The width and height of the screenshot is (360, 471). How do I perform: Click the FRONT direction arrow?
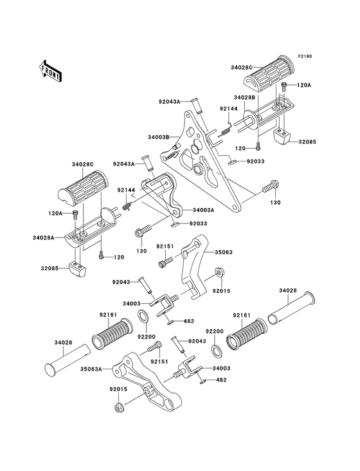click(x=50, y=71)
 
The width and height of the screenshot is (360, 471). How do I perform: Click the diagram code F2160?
click(x=305, y=56)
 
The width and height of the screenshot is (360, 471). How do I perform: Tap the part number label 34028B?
click(x=244, y=98)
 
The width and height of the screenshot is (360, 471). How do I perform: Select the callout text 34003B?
click(x=158, y=137)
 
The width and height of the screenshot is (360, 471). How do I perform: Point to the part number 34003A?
click(x=204, y=210)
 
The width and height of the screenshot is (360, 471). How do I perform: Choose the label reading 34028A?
click(x=44, y=237)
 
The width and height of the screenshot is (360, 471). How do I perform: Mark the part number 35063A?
click(x=91, y=369)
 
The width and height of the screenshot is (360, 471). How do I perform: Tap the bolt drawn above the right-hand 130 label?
click(x=271, y=186)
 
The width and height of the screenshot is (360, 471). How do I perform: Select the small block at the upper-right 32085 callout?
click(x=282, y=136)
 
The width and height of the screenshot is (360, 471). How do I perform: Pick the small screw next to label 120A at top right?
click(x=283, y=86)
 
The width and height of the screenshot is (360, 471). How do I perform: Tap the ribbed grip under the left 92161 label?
click(x=112, y=334)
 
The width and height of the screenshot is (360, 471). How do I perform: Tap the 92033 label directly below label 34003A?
click(x=198, y=224)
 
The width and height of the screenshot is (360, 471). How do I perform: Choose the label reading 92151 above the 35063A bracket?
click(x=159, y=362)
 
